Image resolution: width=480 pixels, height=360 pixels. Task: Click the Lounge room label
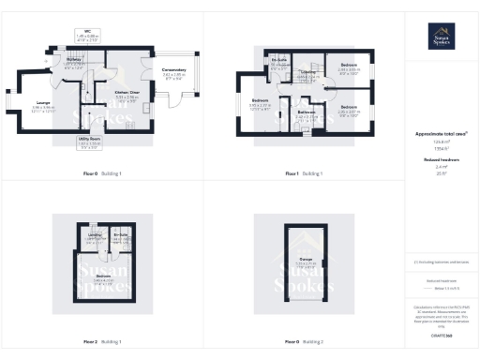[44, 104]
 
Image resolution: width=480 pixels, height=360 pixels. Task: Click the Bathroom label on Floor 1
[307, 114]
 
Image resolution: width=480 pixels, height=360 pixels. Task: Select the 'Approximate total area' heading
[441, 134]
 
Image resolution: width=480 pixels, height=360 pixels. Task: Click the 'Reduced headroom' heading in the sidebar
[441, 161]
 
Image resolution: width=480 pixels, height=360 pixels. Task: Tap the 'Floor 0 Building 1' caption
[102, 173]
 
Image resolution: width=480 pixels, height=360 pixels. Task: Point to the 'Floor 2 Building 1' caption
[102, 341]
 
